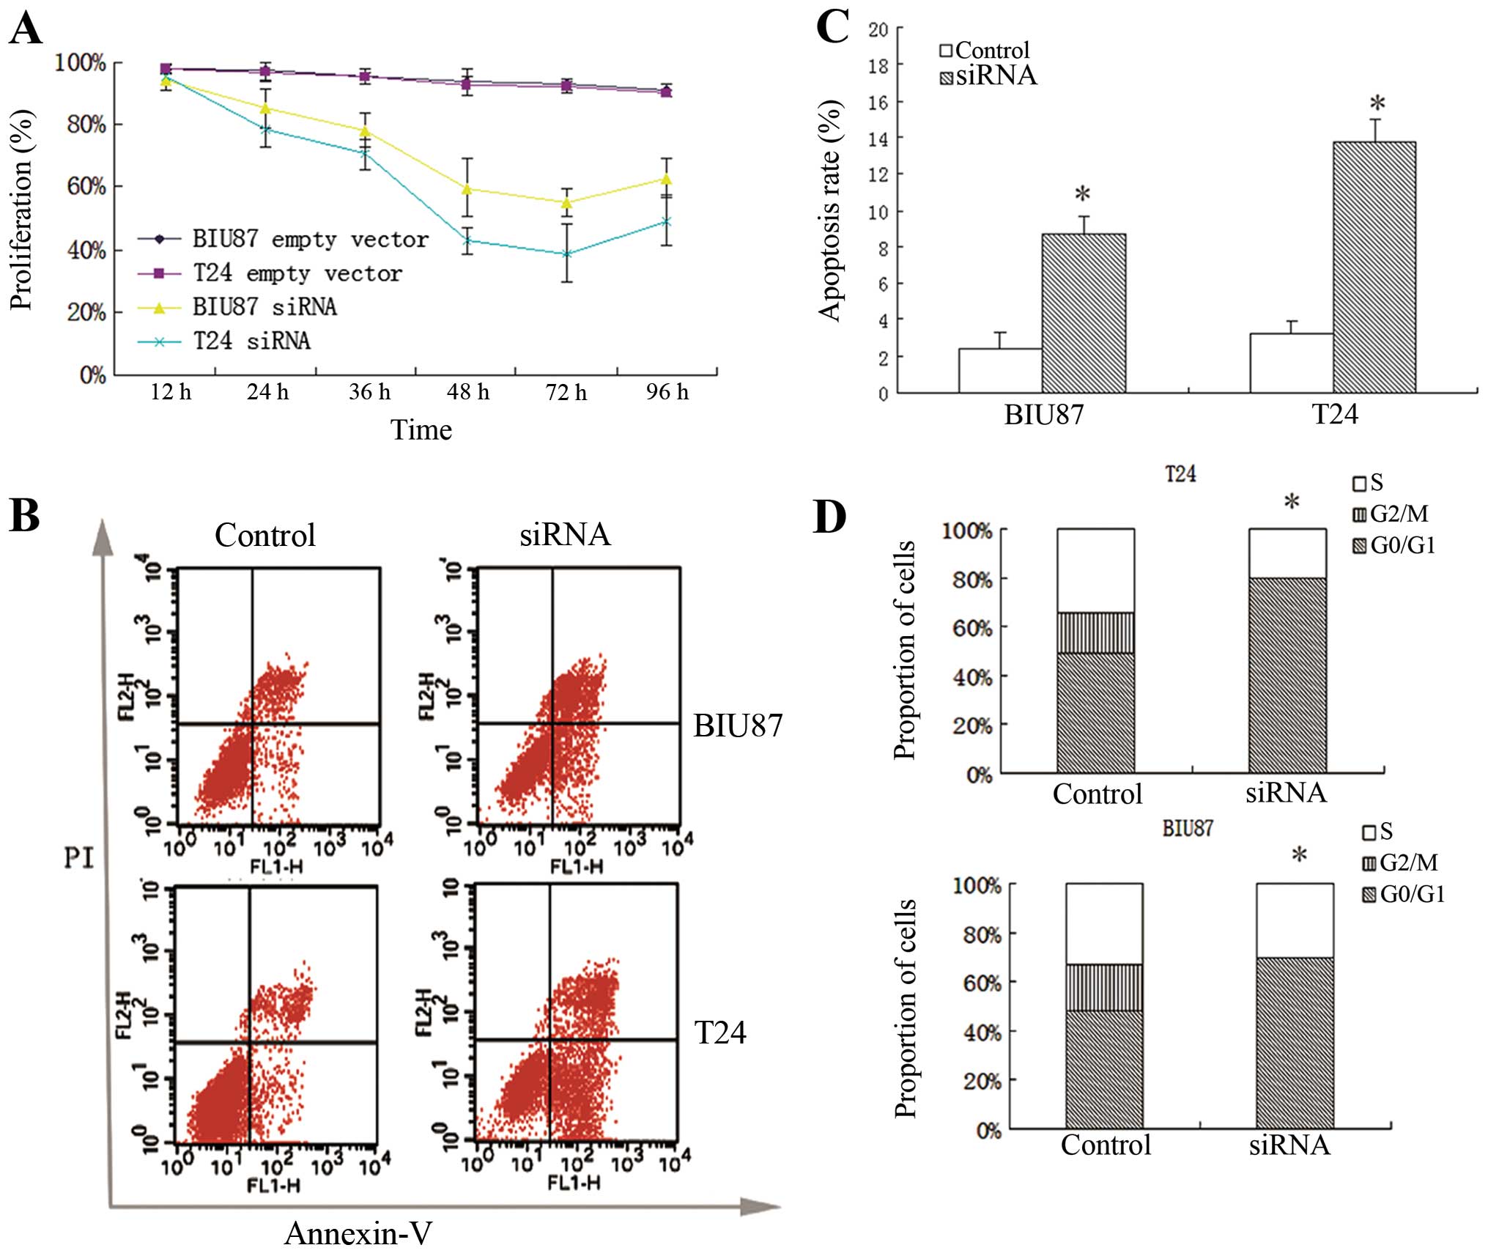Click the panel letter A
tap(25, 30)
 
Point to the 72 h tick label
tap(566, 393)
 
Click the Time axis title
tap(421, 429)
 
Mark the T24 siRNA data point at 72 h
tap(566, 254)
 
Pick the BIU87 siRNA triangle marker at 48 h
tap(467, 189)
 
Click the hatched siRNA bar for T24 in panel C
tap(1374, 267)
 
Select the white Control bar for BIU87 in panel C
tap(1000, 370)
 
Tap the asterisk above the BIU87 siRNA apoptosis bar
tap(1082, 195)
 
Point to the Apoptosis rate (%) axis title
tap(830, 211)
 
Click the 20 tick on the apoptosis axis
tap(878, 30)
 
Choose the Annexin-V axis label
tap(358, 1233)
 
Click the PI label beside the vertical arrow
tap(79, 857)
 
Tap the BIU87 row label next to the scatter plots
tap(738, 725)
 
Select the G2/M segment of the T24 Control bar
tap(1095, 632)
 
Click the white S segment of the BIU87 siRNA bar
tap(1295, 920)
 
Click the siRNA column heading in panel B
tap(565, 535)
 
